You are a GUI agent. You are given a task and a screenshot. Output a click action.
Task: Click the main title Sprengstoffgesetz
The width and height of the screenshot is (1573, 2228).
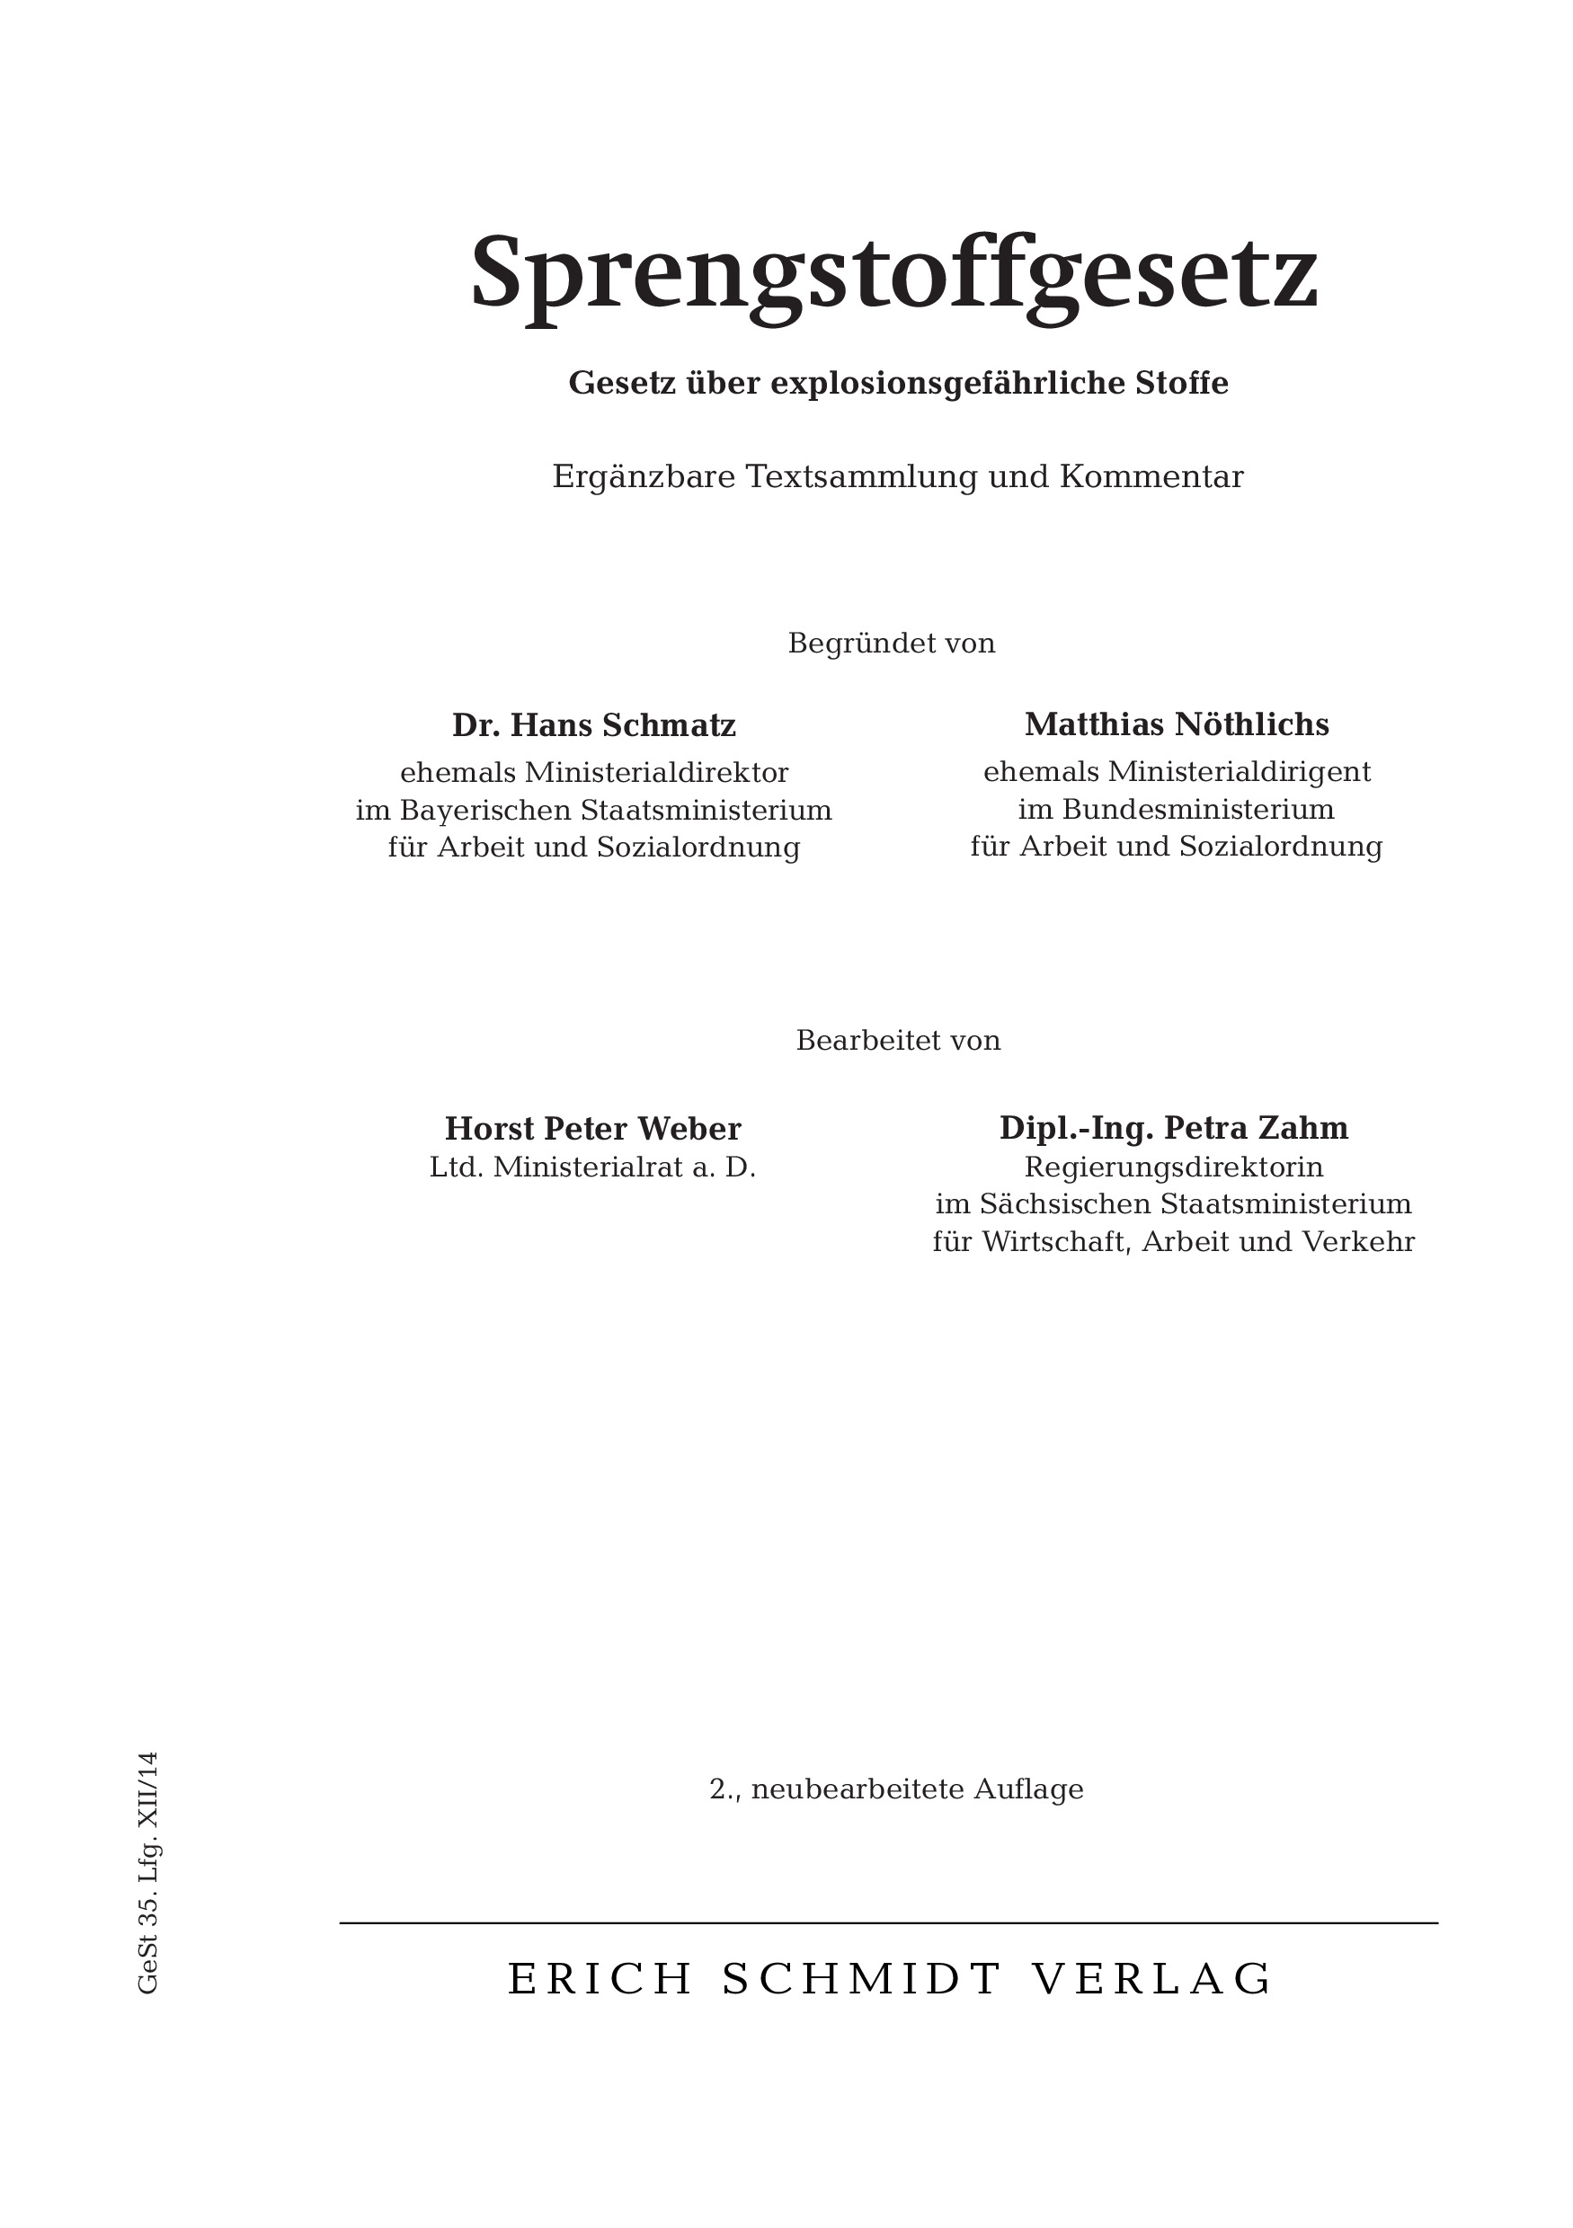[893, 272]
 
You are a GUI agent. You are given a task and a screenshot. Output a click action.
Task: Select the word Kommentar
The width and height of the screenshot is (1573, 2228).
[1151, 476]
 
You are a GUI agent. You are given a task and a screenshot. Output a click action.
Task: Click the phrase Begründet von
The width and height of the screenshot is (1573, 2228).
[891, 644]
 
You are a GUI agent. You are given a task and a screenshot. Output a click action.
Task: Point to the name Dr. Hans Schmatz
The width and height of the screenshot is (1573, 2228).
[594, 725]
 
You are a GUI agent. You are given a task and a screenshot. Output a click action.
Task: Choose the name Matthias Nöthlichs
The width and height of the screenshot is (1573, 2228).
[1176, 723]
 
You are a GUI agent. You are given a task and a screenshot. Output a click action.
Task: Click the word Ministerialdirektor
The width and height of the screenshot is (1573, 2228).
[656, 772]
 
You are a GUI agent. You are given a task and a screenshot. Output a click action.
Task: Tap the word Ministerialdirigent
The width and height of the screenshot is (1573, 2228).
[1240, 771]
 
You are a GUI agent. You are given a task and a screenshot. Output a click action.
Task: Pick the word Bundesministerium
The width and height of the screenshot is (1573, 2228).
[1197, 808]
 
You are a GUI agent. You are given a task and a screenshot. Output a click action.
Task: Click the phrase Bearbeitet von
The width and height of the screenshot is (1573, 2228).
[898, 1040]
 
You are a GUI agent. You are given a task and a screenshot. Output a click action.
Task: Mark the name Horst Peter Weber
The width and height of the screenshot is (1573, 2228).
[593, 1129]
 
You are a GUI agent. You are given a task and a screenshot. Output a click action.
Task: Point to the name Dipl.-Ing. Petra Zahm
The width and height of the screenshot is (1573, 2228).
[1173, 1128]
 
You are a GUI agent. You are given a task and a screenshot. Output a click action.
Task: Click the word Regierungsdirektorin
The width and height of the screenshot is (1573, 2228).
[1173, 1167]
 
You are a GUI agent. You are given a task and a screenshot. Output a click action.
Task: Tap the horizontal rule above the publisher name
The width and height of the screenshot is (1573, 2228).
[888, 1922]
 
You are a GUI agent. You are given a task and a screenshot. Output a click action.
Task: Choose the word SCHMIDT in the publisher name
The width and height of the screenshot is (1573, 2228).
[862, 1980]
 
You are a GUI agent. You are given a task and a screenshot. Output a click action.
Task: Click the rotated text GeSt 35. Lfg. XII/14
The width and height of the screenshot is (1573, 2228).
[147, 1873]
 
